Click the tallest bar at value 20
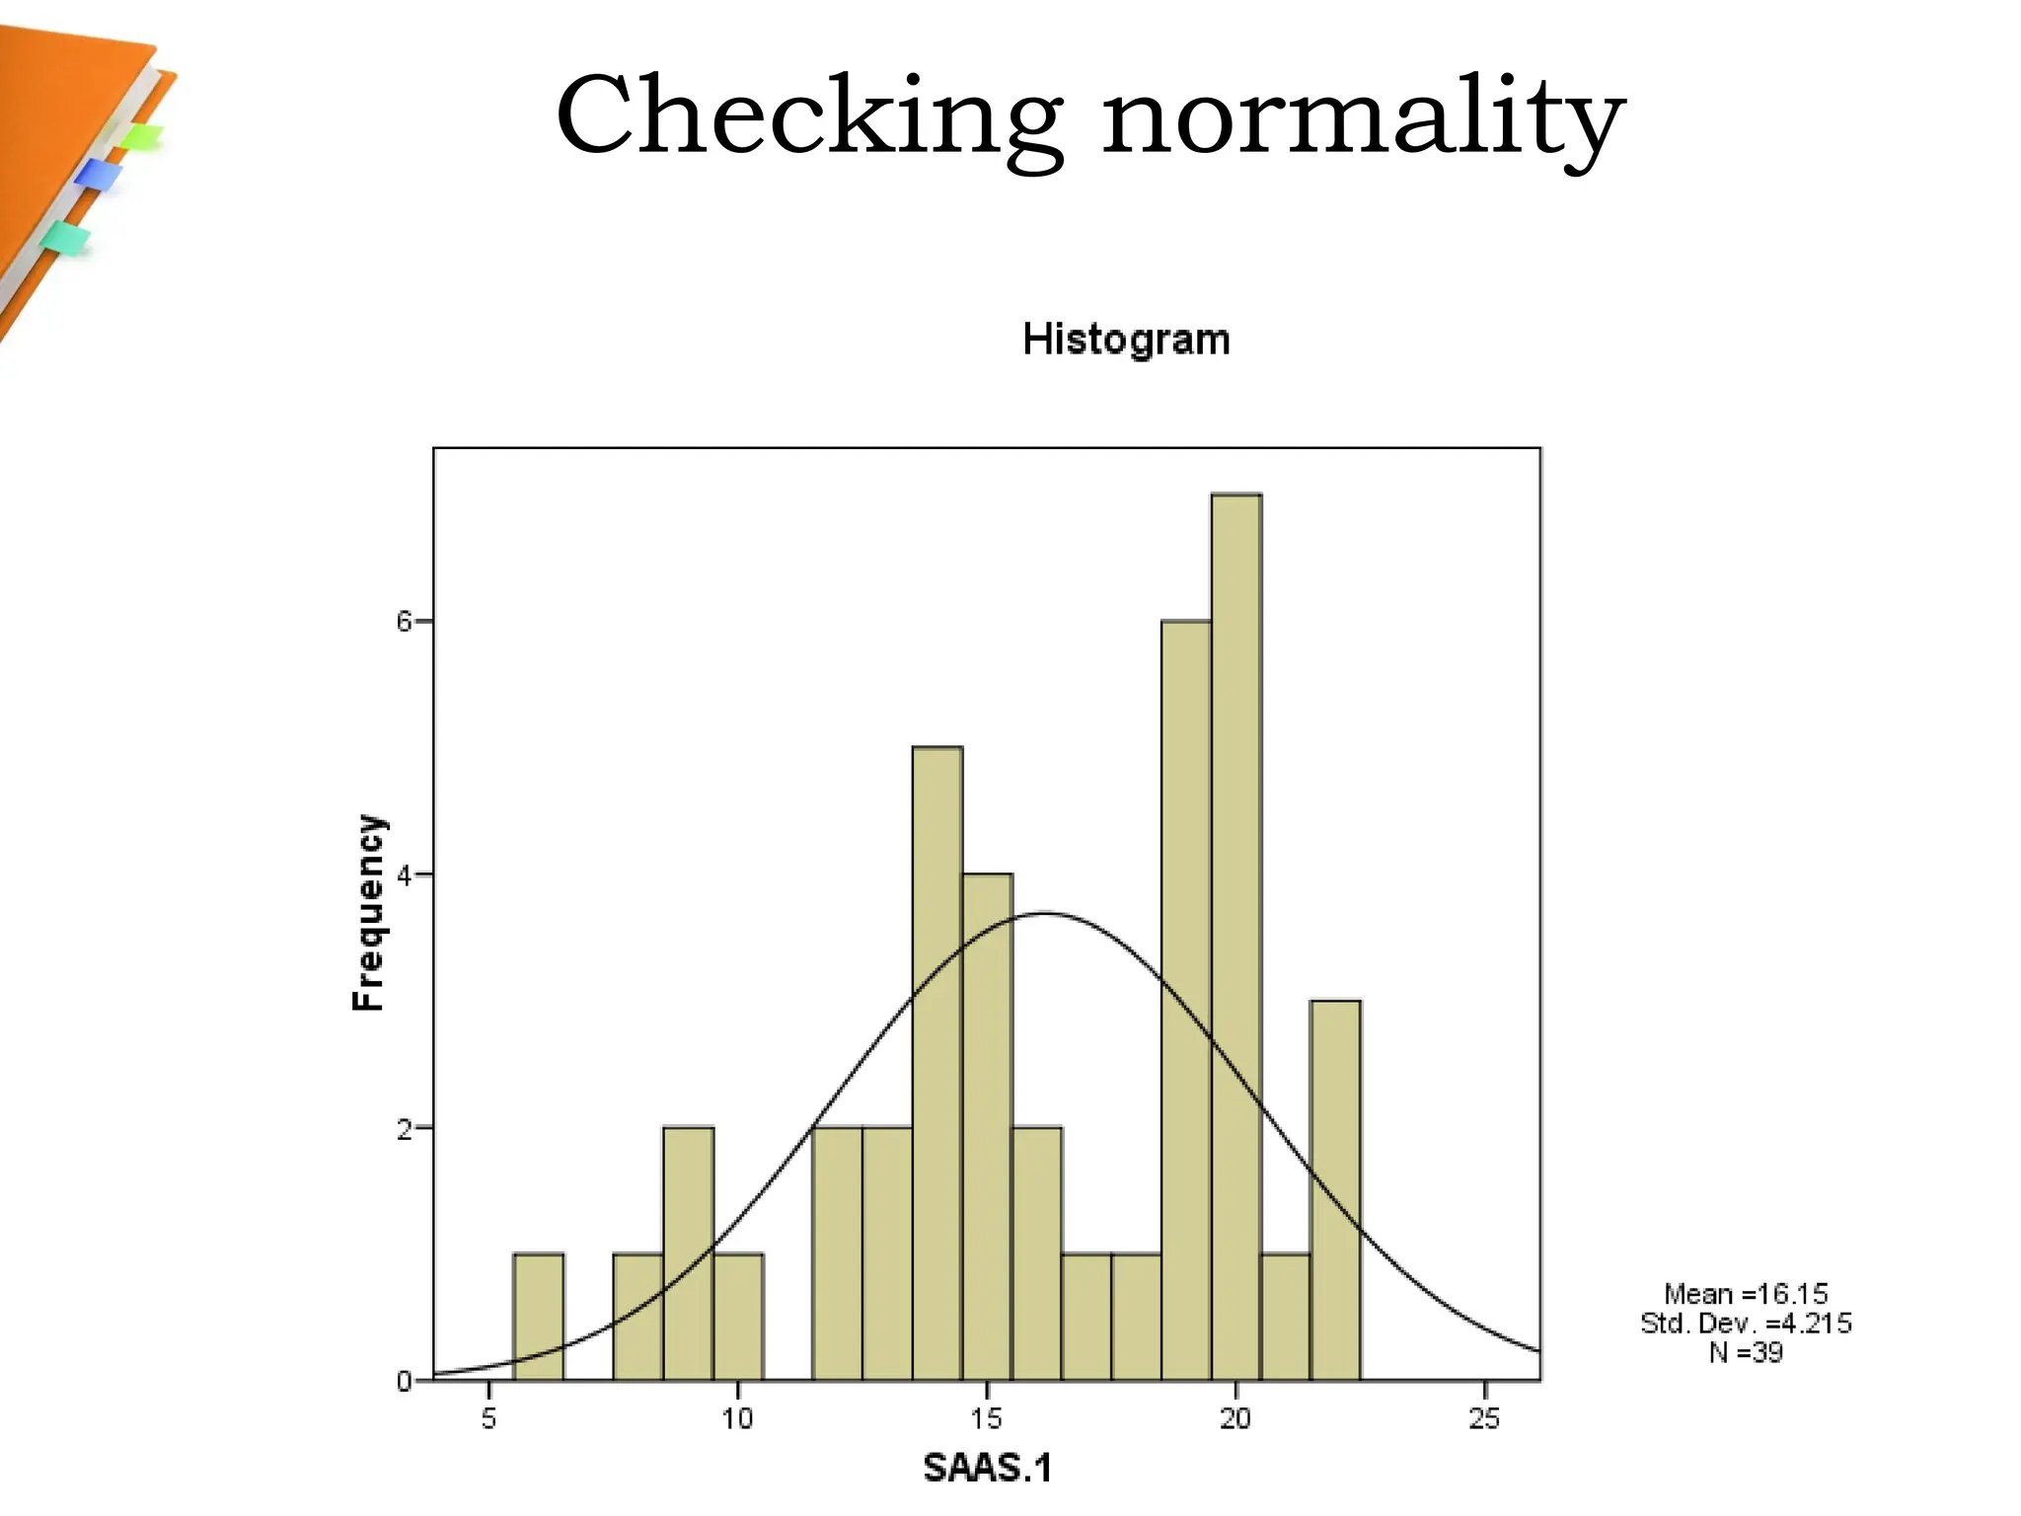(1235, 938)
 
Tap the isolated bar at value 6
(539, 1317)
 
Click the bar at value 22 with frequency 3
(1335, 1190)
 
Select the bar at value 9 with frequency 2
(688, 1253)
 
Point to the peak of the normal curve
(1045, 913)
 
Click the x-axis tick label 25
(1483, 1419)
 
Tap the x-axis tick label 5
(488, 1419)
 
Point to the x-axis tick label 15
(986, 1419)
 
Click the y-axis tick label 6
(403, 622)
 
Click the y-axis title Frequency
(368, 913)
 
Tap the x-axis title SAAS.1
(987, 1469)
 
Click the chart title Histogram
(1126, 340)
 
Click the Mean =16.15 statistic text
(1745, 1294)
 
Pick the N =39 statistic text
(1745, 1352)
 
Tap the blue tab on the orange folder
(99, 175)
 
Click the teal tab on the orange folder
(65, 238)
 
